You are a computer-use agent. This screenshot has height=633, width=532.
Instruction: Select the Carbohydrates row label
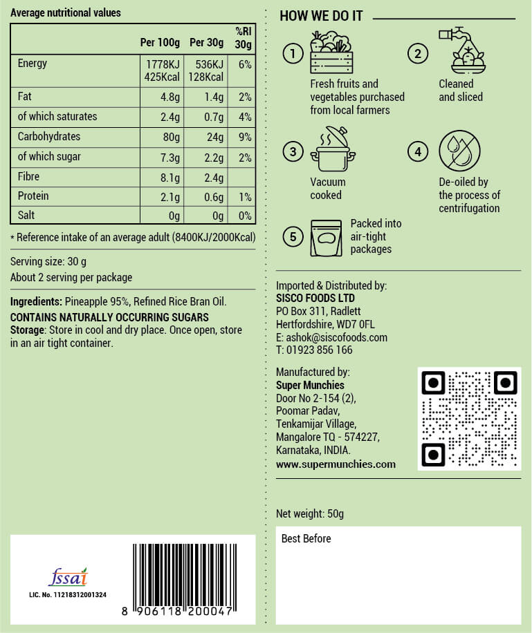(48, 137)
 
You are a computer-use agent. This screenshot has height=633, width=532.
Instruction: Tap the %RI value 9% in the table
(245, 137)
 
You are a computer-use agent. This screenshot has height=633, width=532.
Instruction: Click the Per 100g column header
(160, 43)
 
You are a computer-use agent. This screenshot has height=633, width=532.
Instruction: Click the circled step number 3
(294, 152)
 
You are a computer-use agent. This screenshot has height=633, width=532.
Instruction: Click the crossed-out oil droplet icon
(460, 151)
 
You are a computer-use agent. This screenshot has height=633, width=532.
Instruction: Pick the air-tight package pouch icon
(327, 238)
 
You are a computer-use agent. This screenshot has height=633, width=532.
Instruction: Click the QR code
(469, 419)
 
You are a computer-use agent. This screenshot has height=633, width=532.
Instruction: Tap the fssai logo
(68, 577)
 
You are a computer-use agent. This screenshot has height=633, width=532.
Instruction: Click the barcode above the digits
(183, 573)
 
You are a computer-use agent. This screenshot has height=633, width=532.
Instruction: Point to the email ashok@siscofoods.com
(331, 337)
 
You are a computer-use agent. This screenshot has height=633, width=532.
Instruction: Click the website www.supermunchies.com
(336, 464)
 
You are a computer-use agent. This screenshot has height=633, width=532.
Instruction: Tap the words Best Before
(306, 538)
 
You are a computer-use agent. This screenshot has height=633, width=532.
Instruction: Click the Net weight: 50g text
(310, 513)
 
